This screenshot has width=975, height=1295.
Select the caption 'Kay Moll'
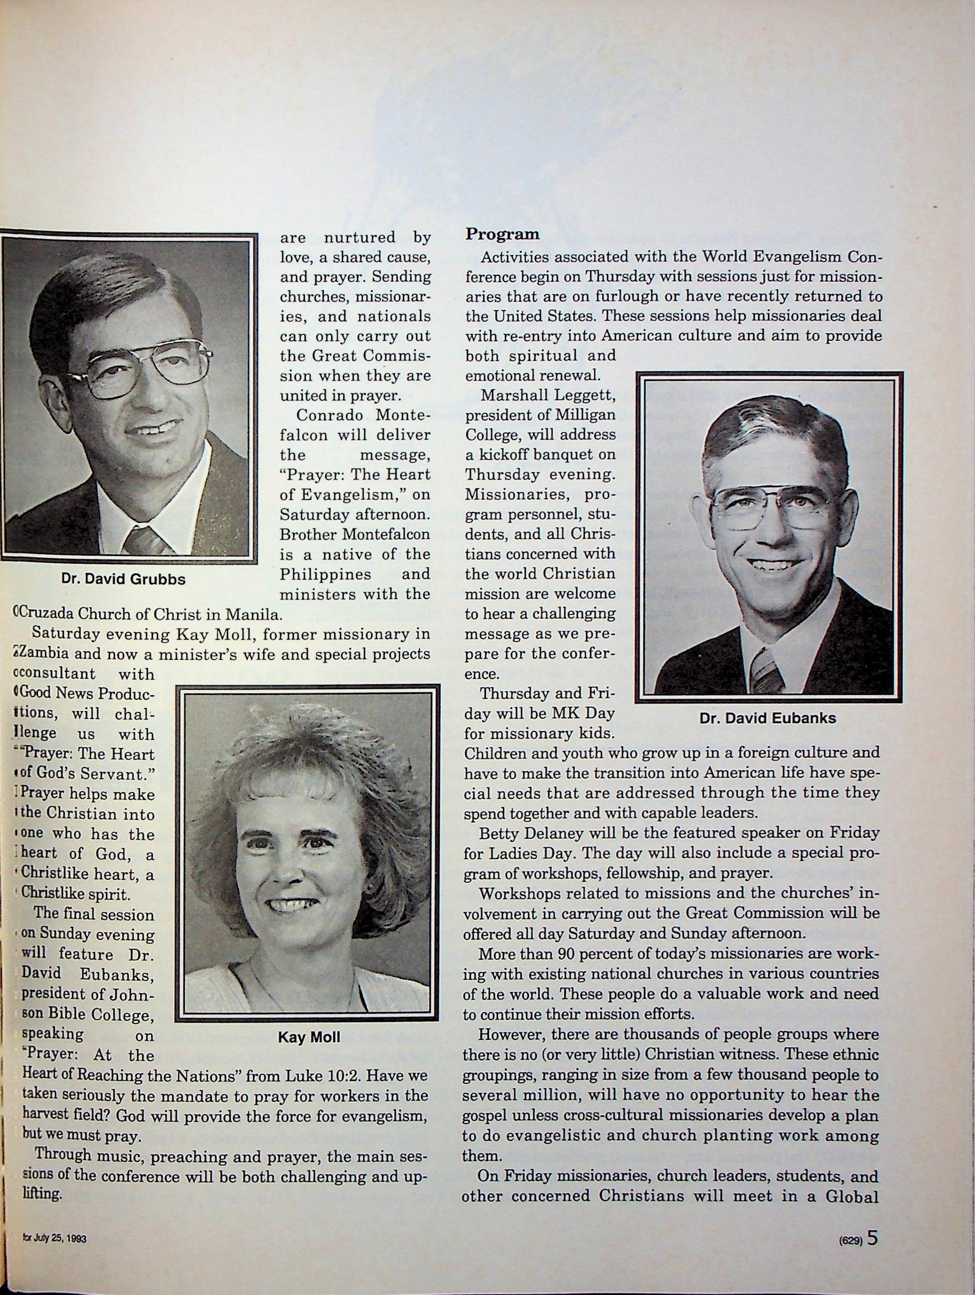click(309, 1037)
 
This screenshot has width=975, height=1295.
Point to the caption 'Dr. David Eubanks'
click(767, 718)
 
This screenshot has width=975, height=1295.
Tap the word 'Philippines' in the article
click(325, 574)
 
